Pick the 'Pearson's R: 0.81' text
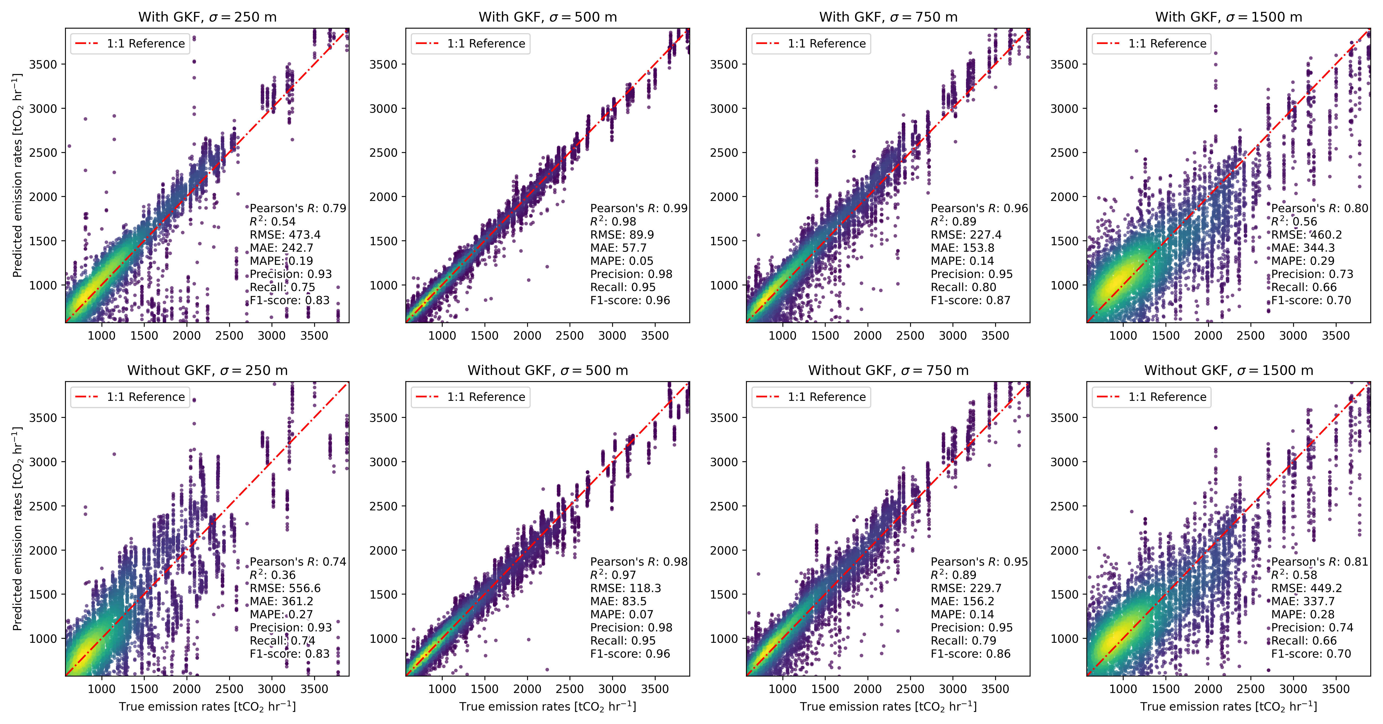coord(1319,561)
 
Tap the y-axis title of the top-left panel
coord(17,176)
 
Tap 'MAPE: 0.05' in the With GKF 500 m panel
coord(622,261)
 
